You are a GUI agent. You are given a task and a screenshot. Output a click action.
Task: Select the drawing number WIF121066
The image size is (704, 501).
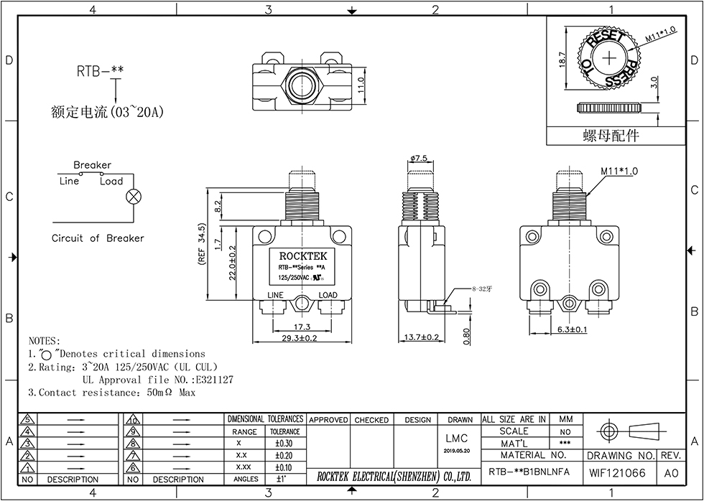pyautogui.click(x=617, y=474)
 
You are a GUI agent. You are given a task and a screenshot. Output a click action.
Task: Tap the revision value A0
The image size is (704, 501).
pyautogui.click(x=671, y=474)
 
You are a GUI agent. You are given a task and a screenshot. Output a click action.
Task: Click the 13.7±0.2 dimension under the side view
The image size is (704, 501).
pyautogui.click(x=422, y=337)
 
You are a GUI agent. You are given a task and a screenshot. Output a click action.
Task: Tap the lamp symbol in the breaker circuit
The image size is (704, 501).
pyautogui.click(x=133, y=197)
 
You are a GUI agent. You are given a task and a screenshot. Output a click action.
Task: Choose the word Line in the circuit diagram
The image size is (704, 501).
pyautogui.click(x=69, y=181)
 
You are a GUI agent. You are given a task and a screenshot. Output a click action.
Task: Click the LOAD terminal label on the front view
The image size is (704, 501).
pyautogui.click(x=328, y=295)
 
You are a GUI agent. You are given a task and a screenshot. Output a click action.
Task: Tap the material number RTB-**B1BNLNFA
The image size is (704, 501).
pyautogui.click(x=529, y=473)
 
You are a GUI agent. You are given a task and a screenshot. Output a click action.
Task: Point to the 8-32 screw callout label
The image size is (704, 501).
pyautogui.click(x=481, y=289)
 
